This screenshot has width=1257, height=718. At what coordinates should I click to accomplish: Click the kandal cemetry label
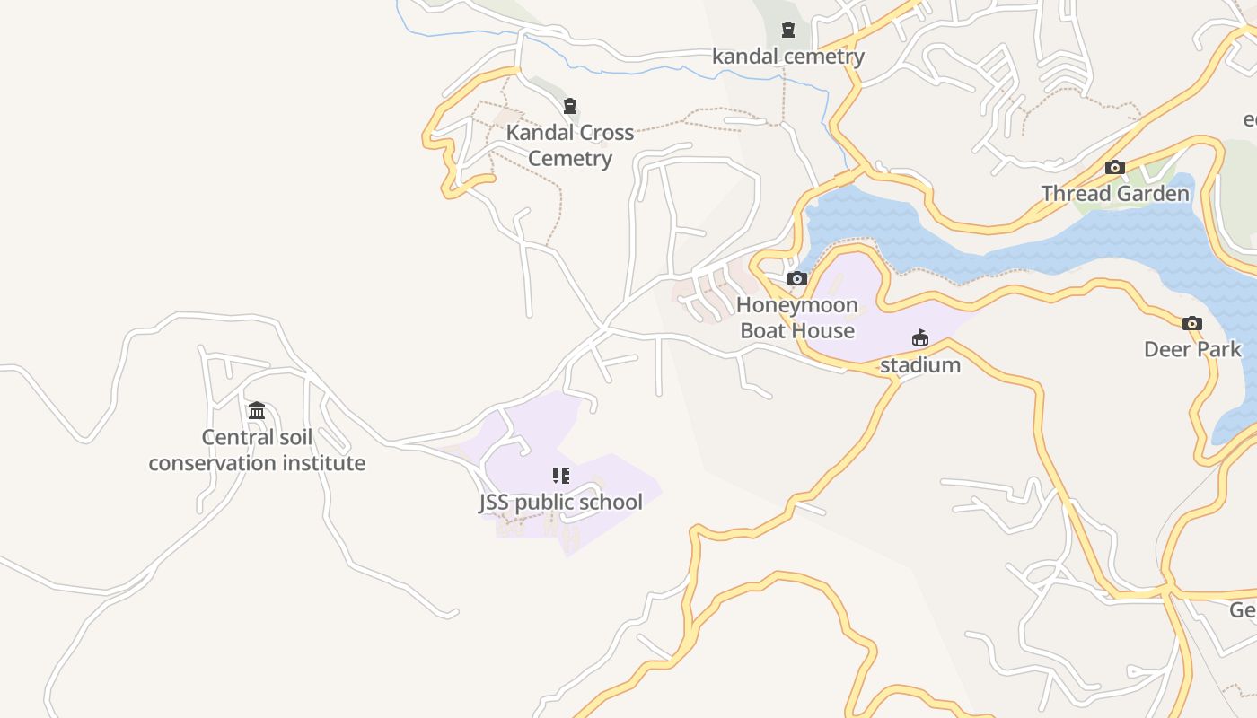pyautogui.click(x=787, y=57)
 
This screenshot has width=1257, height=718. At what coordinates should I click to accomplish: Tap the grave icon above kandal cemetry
pyautogui.click(x=788, y=30)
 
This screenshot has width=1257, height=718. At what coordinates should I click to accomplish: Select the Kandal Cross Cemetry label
pyautogui.click(x=570, y=145)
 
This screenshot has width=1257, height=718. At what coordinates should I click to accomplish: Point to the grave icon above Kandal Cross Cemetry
pyautogui.click(x=569, y=106)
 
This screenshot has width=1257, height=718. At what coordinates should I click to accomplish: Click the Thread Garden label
pyautogui.click(x=1115, y=193)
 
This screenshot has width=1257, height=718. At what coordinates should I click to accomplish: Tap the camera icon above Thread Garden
pyautogui.click(x=1115, y=167)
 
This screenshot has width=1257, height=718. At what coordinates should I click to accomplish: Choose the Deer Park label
pyautogui.click(x=1192, y=349)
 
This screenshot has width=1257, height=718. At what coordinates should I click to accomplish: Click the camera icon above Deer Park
pyautogui.click(x=1192, y=323)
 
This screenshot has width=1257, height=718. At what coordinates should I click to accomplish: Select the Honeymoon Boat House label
pyautogui.click(x=797, y=318)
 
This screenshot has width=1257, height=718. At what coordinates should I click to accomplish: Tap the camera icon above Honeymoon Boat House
pyautogui.click(x=797, y=278)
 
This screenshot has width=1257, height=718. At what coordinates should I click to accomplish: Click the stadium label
pyautogui.click(x=920, y=365)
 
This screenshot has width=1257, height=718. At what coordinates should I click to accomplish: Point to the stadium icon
pyautogui.click(x=920, y=338)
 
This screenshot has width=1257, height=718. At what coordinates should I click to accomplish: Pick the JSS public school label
pyautogui.click(x=561, y=502)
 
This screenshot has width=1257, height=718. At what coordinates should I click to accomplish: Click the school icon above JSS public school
pyautogui.click(x=561, y=475)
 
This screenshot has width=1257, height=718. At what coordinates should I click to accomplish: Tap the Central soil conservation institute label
pyautogui.click(x=257, y=450)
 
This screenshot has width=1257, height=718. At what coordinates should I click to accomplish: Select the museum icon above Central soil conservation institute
pyautogui.click(x=257, y=410)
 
